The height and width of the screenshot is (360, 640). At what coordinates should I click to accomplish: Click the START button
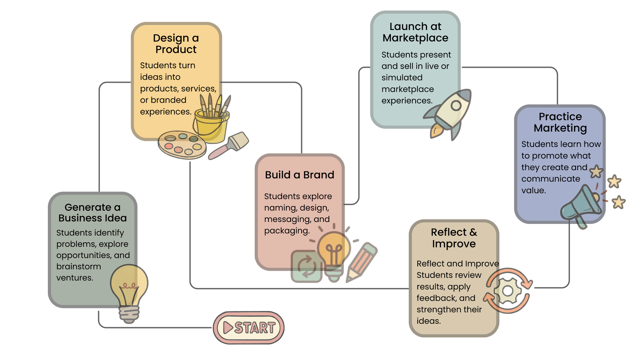pyautogui.click(x=249, y=328)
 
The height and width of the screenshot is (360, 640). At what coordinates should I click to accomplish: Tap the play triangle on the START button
pyautogui.click(x=227, y=328)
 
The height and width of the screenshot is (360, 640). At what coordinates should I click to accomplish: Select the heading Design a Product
pyautogui.click(x=176, y=44)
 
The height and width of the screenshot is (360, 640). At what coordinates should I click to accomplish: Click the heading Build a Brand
pyautogui.click(x=300, y=175)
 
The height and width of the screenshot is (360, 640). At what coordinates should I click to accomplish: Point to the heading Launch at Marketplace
pyautogui.click(x=415, y=32)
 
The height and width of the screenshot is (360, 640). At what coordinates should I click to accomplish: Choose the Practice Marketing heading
pyautogui.click(x=560, y=122)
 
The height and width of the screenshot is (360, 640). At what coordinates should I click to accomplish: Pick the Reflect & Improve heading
pyautogui.click(x=454, y=238)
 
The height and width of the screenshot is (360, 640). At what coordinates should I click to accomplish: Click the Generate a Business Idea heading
pyautogui.click(x=93, y=212)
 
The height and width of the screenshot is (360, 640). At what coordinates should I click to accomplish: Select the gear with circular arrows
pyautogui.click(x=508, y=291)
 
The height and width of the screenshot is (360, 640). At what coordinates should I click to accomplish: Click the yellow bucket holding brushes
pyautogui.click(x=211, y=124)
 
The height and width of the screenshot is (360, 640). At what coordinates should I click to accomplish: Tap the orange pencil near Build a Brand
pyautogui.click(x=361, y=262)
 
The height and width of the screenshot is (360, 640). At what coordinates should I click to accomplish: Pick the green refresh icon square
pyautogui.click(x=306, y=266)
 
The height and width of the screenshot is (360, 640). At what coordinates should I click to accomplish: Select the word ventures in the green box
pyautogui.click(x=75, y=278)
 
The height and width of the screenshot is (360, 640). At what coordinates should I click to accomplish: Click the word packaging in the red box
pyautogui.click(x=286, y=231)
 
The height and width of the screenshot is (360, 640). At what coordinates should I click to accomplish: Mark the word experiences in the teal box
pyautogui.click(x=407, y=101)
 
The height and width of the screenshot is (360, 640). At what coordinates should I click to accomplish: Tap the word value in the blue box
pyautogui.click(x=533, y=190)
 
